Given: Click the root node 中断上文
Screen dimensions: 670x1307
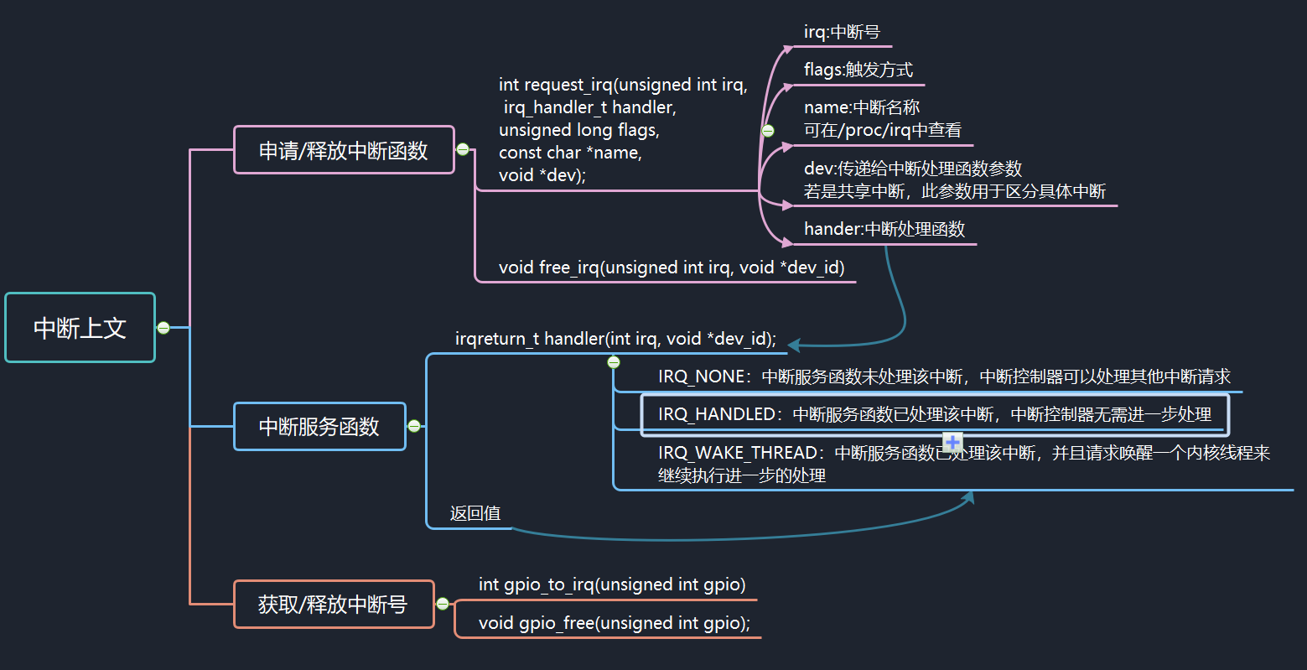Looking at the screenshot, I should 80,328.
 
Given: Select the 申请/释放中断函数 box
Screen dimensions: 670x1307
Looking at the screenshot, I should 344,150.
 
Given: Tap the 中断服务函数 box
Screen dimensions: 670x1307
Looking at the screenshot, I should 319,427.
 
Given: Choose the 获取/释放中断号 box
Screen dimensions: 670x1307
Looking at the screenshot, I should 334,605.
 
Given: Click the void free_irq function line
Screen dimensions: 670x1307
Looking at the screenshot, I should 671,267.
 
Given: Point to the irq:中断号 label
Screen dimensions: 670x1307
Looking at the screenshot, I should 842,33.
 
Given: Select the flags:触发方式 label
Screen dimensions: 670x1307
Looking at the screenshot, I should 858,70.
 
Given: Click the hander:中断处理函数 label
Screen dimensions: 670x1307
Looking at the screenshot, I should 884,229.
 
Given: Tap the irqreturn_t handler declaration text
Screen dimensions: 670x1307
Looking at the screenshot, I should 615,339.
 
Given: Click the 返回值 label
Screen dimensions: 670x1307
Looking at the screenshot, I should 475,513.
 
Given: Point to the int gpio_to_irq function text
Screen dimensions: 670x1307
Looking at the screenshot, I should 611,584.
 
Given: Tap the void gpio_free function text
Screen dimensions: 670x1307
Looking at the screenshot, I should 614,623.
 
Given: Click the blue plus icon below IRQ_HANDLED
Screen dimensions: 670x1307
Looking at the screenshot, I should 952,442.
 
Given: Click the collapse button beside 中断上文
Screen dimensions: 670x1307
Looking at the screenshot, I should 163,328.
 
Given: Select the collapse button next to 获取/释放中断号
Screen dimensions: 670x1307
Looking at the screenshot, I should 443,604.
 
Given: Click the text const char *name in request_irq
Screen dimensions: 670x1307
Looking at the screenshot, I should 570,153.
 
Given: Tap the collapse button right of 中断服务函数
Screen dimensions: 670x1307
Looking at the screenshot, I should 413,426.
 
